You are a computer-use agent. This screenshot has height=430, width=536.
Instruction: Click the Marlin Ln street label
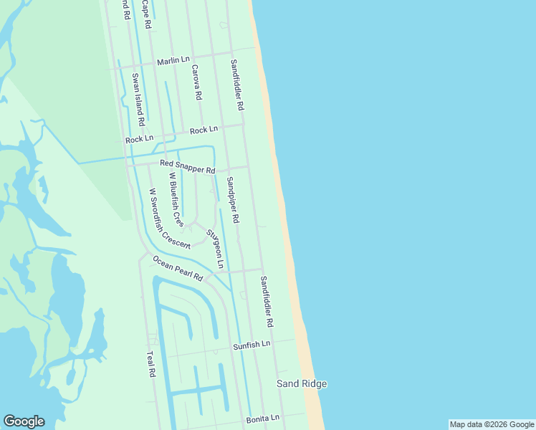(173, 62)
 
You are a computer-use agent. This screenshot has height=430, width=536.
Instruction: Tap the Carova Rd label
(196, 82)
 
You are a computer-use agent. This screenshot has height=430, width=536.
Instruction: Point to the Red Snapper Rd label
(188, 168)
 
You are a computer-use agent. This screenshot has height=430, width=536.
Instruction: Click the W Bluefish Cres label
(176, 200)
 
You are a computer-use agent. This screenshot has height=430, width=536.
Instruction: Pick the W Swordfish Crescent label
(169, 219)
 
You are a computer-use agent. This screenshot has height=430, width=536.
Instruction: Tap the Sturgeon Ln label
(215, 244)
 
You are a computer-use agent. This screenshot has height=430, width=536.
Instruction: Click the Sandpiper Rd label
(233, 200)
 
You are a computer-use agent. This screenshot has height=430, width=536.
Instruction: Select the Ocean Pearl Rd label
(178, 267)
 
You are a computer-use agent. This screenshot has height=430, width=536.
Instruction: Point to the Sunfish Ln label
(252, 345)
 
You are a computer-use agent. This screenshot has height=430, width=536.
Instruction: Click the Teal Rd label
(150, 364)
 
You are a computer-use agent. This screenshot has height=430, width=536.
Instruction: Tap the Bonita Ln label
(263, 418)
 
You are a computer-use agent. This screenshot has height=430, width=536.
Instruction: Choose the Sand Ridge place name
(302, 384)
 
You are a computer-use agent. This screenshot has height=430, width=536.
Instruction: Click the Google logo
(24, 421)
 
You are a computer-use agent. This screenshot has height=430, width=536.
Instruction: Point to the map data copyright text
(492, 424)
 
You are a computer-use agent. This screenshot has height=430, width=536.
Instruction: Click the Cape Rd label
(147, 14)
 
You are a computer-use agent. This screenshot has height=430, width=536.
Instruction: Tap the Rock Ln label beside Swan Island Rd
(139, 140)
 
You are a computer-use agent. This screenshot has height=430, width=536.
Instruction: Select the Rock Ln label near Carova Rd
(204, 130)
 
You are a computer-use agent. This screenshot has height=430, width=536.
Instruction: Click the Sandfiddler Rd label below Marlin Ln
(237, 85)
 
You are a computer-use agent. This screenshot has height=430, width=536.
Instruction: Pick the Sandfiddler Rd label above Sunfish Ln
(267, 302)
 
